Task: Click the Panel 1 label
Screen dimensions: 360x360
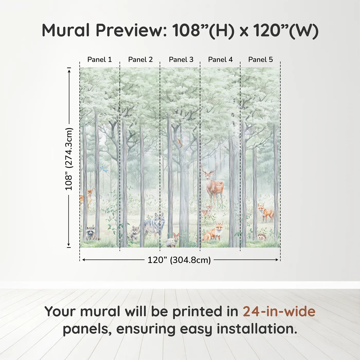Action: click(100, 59)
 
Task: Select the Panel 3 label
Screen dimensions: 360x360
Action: click(181, 59)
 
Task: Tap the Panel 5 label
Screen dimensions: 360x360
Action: click(260, 59)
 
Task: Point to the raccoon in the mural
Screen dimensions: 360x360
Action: click(91, 233)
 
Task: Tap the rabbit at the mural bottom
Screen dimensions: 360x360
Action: click(173, 240)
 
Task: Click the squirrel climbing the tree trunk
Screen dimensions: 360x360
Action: click(179, 143)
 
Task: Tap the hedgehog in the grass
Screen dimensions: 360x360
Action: click(262, 237)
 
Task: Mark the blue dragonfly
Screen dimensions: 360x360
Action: click(104, 169)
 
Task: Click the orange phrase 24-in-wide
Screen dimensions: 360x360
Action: click(279, 311)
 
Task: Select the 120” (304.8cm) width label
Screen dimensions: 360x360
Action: click(179, 260)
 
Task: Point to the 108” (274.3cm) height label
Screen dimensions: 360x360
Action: click(69, 159)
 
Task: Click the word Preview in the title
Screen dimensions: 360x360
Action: click(131, 30)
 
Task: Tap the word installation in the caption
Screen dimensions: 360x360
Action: click(257, 329)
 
